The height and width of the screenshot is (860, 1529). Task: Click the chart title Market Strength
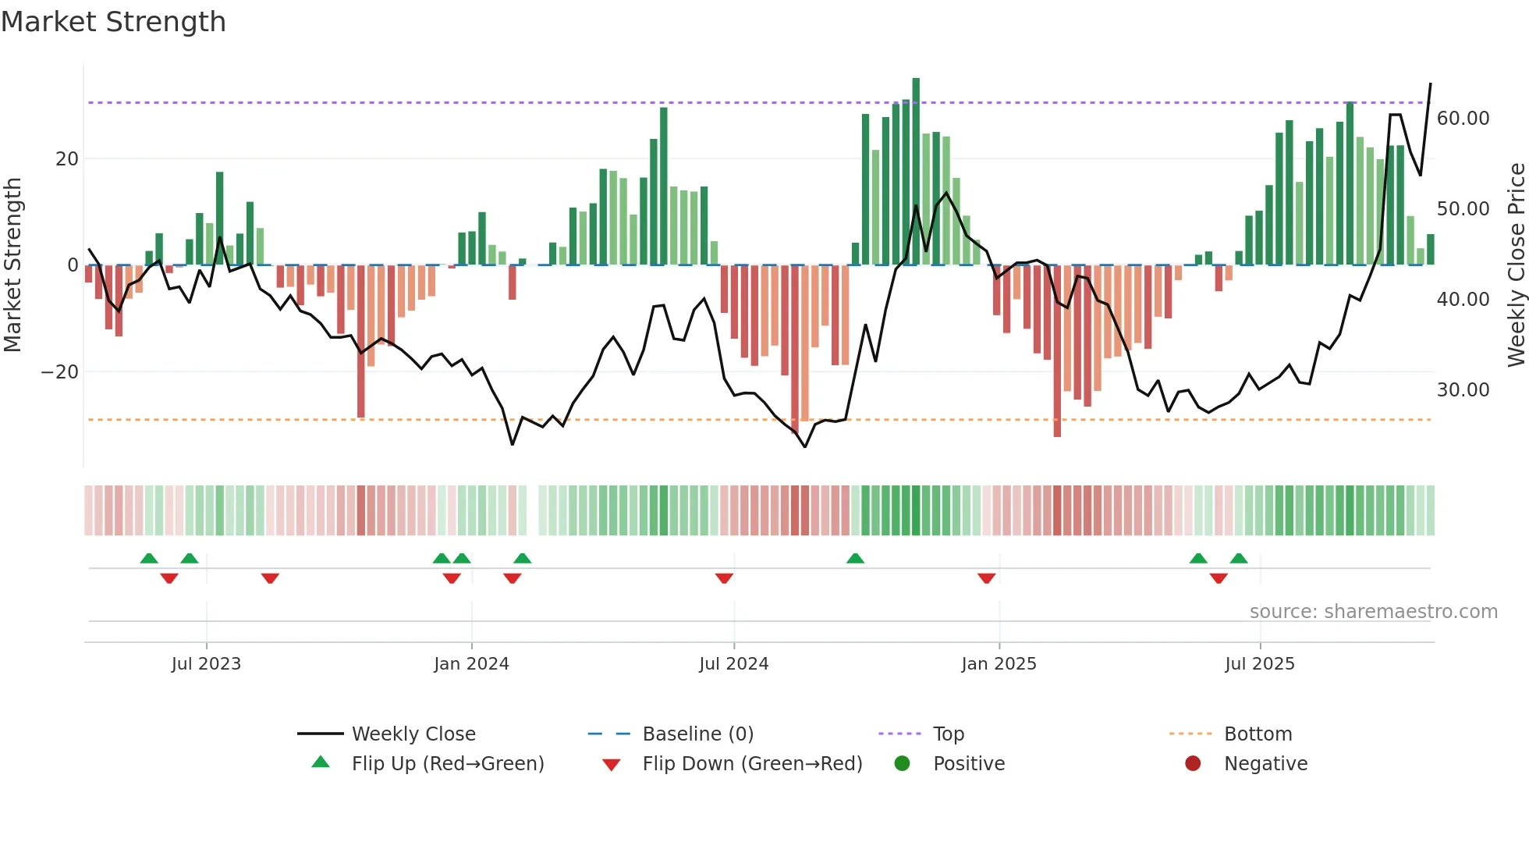pos(113,22)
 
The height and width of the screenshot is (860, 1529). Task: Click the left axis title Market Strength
pos(13,265)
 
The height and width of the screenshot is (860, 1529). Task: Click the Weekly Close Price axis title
pos(1516,265)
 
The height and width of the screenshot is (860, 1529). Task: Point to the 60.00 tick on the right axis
pos(1463,119)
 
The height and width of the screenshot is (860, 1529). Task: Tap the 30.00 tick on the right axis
pos(1463,390)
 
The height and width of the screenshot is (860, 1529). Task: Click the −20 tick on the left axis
pos(60,372)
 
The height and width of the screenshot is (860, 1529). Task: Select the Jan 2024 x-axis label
pos(471,664)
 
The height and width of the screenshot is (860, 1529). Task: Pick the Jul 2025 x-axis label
pos(1259,664)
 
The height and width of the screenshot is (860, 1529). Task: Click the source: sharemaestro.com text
pos(1373,612)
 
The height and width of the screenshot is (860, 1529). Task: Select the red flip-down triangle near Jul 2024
pos(724,578)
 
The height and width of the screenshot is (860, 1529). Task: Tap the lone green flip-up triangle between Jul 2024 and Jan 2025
pos(855,559)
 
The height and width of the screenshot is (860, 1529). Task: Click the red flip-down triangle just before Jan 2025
pos(986,578)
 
